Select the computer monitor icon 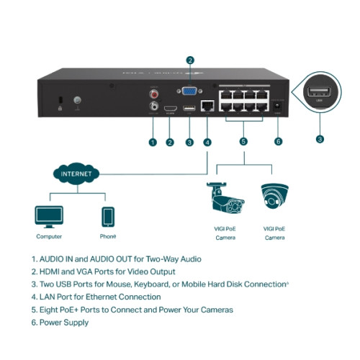click(49, 216)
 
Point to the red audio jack click(153, 93)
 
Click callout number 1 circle click(153, 143)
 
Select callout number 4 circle click(207, 143)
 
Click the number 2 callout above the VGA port click(189, 60)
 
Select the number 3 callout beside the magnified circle click(320, 138)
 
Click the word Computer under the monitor click(49, 236)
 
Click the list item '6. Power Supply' click(60, 323)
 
